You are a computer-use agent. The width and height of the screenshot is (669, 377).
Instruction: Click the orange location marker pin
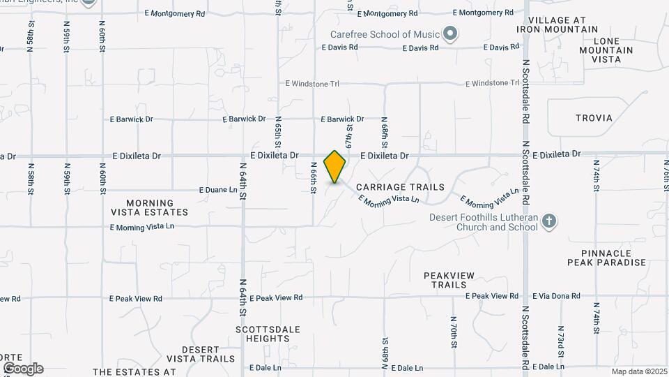point(335,167)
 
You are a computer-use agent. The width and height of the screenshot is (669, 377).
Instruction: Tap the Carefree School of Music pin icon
point(450,33)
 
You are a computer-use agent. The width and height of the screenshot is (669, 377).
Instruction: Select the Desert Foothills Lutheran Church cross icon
point(549,222)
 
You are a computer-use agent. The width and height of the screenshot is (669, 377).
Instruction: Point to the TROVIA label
point(594,118)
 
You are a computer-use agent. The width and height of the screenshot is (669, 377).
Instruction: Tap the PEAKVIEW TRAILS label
point(449,280)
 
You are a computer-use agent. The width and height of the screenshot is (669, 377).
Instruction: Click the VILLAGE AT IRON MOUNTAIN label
point(557,24)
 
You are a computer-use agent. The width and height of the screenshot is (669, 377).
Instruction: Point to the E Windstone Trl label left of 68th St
point(312,83)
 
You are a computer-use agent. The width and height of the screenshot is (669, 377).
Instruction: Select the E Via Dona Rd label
point(556,296)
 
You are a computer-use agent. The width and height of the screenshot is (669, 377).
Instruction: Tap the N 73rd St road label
point(560,338)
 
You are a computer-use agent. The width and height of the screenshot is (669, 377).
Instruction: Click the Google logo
point(23,369)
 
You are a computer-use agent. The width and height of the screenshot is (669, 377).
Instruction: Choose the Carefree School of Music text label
point(386,34)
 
